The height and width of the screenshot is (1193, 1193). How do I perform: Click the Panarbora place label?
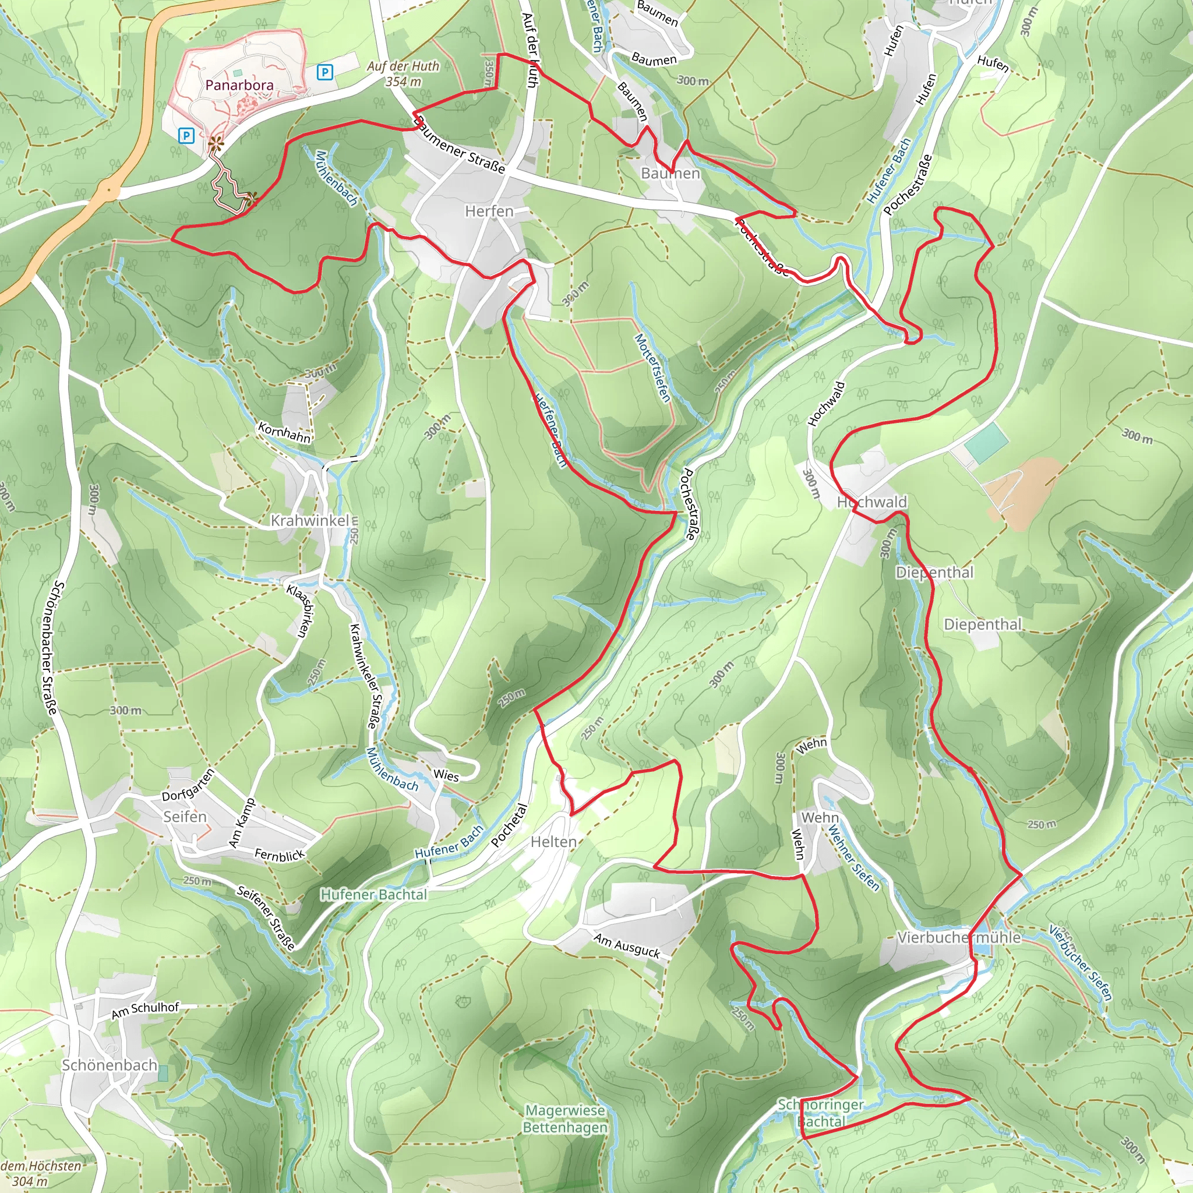click(239, 84)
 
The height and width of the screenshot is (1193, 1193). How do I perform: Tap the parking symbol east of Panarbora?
click(324, 73)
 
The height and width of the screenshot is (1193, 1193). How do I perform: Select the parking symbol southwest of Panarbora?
click(186, 135)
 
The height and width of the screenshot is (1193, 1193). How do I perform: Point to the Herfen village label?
click(489, 211)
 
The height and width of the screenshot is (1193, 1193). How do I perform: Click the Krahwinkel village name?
click(310, 521)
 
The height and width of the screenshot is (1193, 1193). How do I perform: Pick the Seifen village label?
click(185, 816)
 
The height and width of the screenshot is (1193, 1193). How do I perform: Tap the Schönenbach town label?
click(110, 1065)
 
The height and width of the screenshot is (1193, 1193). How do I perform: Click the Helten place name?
click(554, 842)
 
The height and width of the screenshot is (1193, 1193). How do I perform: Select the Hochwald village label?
click(872, 502)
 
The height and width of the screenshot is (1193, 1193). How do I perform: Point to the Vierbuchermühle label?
click(958, 937)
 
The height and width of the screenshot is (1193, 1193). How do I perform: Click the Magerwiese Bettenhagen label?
click(565, 1118)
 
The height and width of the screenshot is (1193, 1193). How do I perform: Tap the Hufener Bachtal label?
click(373, 894)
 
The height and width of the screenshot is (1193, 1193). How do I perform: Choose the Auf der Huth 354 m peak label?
click(403, 73)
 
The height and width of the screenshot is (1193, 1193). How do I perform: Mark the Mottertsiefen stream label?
click(652, 368)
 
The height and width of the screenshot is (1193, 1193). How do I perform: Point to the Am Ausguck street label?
click(627, 945)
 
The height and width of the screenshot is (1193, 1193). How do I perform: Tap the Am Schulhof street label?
click(145, 1010)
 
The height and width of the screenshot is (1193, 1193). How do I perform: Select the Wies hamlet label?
click(446, 775)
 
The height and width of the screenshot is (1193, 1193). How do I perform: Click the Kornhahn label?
click(284, 432)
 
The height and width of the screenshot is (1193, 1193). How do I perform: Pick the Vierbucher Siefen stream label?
click(1081, 963)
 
